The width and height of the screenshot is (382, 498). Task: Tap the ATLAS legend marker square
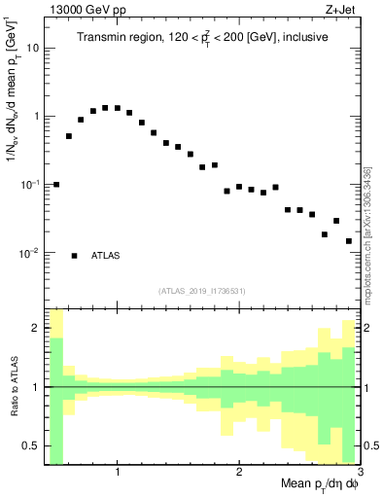[x=74, y=256]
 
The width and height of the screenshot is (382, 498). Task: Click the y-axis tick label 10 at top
[x=31, y=48]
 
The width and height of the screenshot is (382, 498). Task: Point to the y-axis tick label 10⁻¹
[x=29, y=184]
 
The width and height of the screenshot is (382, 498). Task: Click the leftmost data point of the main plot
[x=56, y=184]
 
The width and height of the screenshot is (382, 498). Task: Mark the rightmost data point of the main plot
[x=348, y=241]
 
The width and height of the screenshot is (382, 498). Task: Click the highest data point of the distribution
[x=105, y=108]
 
